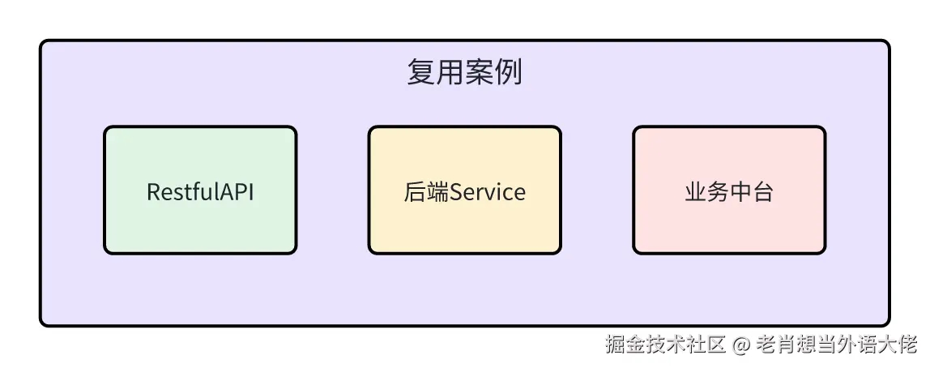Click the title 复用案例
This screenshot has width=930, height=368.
pos(464,73)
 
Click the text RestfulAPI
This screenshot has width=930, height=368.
pos(200,193)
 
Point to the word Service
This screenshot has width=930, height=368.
pos(488,193)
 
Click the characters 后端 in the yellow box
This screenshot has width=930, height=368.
pos(426,193)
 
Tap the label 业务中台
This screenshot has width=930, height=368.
pos(729,193)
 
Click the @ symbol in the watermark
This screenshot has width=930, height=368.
pos(741,344)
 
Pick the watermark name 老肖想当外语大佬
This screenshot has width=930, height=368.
pos(836,344)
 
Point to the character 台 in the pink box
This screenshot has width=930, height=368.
pos(763,193)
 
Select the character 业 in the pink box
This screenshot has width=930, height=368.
pos(695,193)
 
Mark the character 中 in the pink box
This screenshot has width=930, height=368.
pos(740,193)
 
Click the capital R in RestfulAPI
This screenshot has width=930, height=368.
pos(153,193)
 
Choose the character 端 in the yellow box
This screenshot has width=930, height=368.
pos(437,193)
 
